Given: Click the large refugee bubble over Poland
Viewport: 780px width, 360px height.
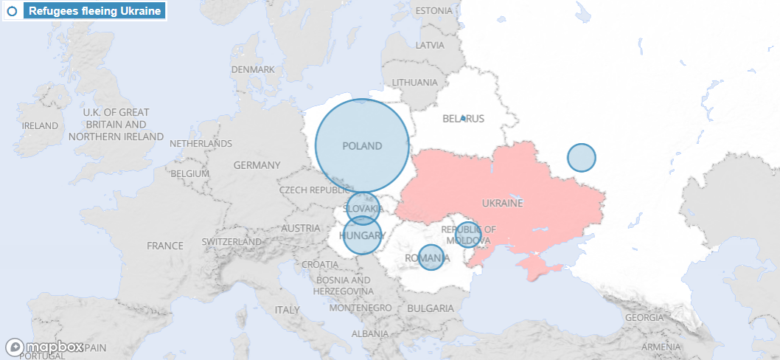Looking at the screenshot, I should tap(362, 146).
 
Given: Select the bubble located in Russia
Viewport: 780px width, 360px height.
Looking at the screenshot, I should tap(582, 157).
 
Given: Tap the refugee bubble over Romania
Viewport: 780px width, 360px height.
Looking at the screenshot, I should tap(431, 257).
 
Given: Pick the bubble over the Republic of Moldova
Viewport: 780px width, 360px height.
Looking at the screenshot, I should tap(468, 235).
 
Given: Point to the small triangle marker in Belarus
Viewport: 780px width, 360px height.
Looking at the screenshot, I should tap(463, 118).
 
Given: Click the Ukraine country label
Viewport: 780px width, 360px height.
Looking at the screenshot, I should tap(502, 203).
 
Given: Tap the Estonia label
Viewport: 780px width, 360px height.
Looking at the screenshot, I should tap(433, 11).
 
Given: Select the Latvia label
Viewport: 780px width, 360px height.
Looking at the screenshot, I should tap(430, 45).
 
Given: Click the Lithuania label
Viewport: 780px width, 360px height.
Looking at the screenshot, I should tap(415, 82).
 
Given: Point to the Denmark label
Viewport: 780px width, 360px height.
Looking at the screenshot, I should tap(252, 69).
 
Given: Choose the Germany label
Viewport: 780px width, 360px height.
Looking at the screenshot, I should tap(257, 165).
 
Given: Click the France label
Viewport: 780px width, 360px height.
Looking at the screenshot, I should tap(164, 246).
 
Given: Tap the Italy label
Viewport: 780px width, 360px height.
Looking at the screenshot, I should tap(288, 310).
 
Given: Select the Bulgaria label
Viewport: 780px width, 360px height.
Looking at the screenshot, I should tap(431, 308).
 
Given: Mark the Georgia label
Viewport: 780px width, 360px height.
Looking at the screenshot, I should tap(644, 317).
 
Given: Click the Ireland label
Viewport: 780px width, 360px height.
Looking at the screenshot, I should tap(40, 126).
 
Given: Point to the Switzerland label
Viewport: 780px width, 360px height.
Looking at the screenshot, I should tap(231, 241).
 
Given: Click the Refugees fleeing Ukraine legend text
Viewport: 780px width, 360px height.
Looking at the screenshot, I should tap(94, 11).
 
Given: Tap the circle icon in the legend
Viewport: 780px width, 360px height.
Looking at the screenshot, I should tap(13, 11).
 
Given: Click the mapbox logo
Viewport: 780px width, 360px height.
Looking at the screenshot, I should tap(46, 347).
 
